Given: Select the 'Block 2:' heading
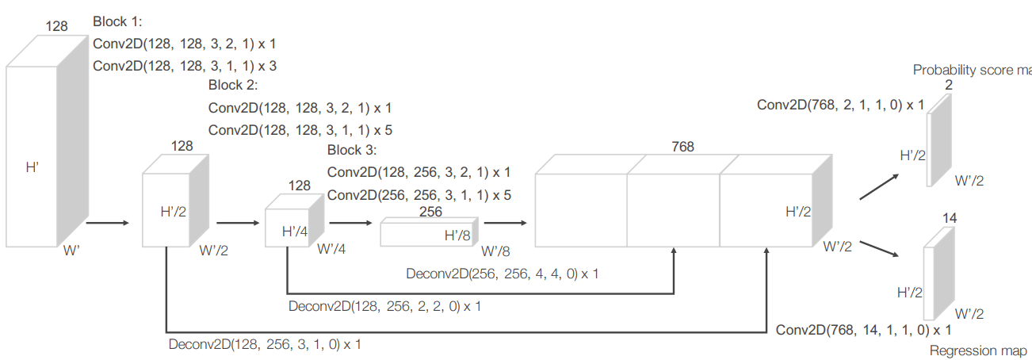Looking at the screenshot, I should coord(233,86).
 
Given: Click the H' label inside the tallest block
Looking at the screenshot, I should coord(33,168).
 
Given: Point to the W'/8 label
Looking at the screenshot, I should coord(497,251).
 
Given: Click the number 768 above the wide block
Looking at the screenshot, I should coord(682,147).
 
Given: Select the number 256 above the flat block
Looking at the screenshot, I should coord(430,212).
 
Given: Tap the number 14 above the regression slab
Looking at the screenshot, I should coord(950,217).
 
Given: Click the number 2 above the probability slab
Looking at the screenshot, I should coord(949,85).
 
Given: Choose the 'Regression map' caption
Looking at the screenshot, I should coord(978,350).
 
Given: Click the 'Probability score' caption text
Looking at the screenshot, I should coord(972,70).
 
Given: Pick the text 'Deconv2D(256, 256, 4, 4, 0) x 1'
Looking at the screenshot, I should coord(503,274).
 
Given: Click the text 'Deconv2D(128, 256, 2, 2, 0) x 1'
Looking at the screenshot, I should coord(384,305).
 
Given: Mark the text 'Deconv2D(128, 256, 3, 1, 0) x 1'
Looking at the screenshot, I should coord(266,344).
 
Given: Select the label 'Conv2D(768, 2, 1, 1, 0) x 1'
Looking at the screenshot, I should coord(840,104).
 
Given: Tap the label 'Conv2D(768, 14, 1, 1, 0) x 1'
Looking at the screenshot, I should coord(863,329).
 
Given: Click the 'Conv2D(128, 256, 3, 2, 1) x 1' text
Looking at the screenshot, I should coord(419,171).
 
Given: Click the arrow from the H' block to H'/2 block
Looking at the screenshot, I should coord(106,223).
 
